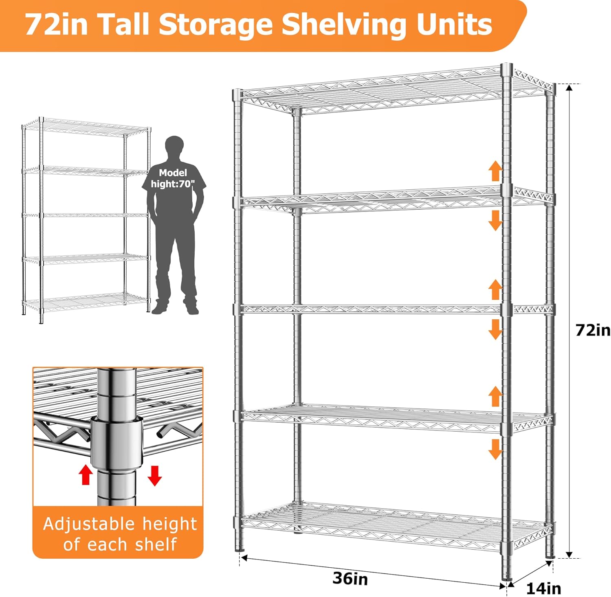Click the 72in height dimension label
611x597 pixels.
[593, 330]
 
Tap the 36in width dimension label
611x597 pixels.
[350, 578]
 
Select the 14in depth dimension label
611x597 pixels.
[543, 588]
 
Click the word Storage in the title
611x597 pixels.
[216, 25]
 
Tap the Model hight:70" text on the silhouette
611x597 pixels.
[173, 178]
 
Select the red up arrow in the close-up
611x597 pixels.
[86, 474]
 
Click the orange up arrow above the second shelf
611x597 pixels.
[495, 171]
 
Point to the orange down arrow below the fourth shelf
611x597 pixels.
[495, 449]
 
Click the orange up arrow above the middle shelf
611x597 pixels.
[495, 290]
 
